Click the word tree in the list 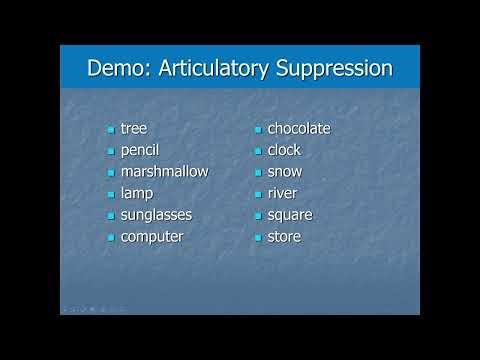coord(133,128)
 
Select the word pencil coord(139,150)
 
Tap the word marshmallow coord(164,171)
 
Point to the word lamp coord(137,193)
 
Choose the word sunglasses coord(156,215)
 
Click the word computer coord(152,237)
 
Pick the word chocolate coord(299,128)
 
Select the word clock coord(284,150)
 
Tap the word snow coord(284,171)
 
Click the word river coord(282,193)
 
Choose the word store coord(284,237)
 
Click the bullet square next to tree coord(111,130)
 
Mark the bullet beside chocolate coord(258,130)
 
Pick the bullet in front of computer coord(111,238)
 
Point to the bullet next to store coord(258,238)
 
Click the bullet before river coord(258,195)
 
